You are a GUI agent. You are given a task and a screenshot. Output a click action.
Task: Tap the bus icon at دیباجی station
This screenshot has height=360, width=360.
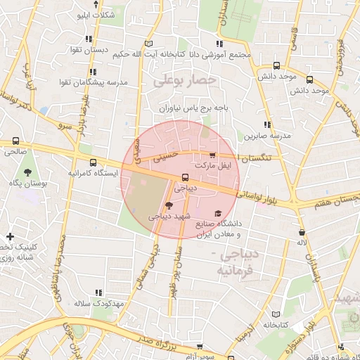[185, 178]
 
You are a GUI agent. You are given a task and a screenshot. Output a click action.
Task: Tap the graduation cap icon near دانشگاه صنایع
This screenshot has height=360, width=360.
[218, 212]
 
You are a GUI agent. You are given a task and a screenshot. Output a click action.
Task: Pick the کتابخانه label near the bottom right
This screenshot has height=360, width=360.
[276, 325]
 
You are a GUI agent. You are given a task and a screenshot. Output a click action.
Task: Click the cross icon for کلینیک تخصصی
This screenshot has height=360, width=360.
[10, 236]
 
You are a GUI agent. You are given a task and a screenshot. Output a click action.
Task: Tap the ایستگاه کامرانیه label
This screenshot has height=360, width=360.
[94, 172]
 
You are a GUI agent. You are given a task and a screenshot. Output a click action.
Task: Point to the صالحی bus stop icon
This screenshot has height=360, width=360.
[15, 141]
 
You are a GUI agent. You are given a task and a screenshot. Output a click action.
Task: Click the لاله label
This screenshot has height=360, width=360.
[302, 243]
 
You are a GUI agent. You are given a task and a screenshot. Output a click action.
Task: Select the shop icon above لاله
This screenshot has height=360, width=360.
[302, 232]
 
